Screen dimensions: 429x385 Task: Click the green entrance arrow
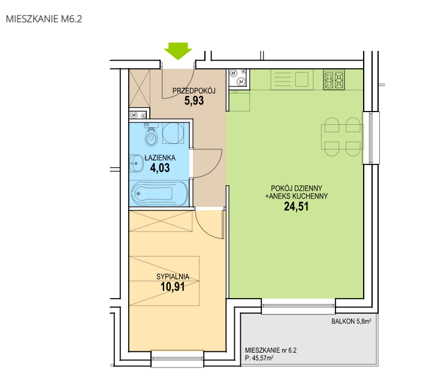coord(178,51)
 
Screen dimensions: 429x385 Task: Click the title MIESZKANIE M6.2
coord(44,19)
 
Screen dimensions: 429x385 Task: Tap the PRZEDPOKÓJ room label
coord(194,91)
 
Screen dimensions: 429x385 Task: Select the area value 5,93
coord(194,101)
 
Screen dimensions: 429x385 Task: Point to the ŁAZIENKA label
coord(160,158)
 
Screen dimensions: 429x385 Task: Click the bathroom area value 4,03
coord(160,167)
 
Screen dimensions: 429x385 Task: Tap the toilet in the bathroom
coord(152,135)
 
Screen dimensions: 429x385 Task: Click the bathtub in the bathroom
coord(159,193)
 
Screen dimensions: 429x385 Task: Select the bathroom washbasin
coord(137,164)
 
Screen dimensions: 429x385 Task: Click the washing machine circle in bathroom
coord(173,133)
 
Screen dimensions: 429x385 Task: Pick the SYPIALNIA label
coord(173,276)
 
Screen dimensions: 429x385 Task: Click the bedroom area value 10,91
coord(173,287)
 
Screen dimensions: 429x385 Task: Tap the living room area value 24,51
coord(297,206)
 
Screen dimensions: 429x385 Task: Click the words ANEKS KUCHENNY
coord(298,196)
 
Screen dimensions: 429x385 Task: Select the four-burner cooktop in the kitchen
coord(334,80)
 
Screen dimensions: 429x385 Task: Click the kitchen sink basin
coord(301,79)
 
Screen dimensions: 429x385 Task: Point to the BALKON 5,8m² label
coord(351,321)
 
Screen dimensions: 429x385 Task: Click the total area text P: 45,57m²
coord(259,358)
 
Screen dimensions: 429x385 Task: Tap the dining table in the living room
coord(342,137)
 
